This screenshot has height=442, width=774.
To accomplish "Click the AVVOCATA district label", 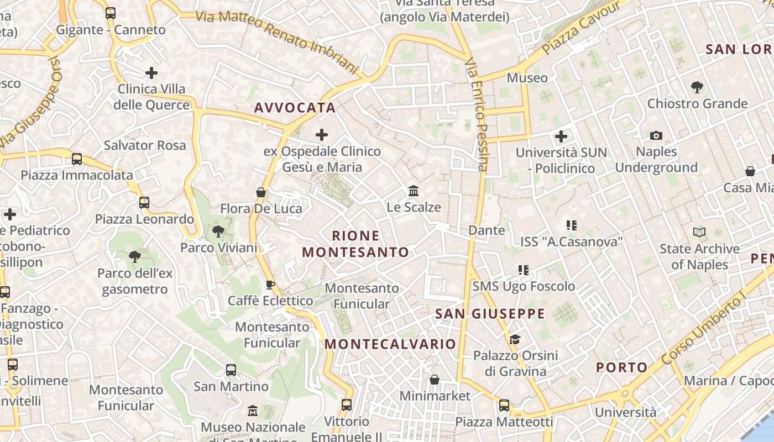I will tap(295, 108).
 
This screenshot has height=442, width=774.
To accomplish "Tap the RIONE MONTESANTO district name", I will tap(356, 244).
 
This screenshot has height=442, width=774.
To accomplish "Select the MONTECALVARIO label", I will tap(390, 344).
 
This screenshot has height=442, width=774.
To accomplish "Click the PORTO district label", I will tap(622, 367).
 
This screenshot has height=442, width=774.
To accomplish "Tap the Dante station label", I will tap(487, 230).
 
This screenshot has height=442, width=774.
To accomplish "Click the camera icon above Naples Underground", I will tap(656, 135).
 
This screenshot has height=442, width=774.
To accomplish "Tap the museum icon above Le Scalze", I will tap(413, 191).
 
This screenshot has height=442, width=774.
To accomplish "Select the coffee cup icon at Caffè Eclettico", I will tap(270, 285).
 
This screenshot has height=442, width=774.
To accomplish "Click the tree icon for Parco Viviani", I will tap(218, 231).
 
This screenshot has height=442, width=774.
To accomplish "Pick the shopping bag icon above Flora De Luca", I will tap(261, 192).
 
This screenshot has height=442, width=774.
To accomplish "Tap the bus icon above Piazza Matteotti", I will tap(504, 406).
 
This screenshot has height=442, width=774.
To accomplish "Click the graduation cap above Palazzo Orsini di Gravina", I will tap(515, 339).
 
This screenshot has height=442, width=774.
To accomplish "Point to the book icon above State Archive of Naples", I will tap(699, 233).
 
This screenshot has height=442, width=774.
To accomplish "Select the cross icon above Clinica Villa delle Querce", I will tap(151, 73).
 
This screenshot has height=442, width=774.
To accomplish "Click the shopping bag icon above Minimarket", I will tap(435, 380).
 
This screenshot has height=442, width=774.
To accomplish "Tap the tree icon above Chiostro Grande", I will tap(697, 87).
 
